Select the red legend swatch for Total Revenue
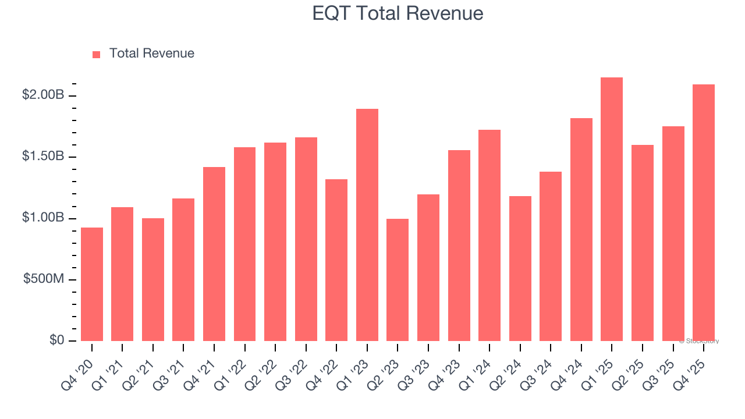tap(97, 54)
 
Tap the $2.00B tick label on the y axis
tap(42, 95)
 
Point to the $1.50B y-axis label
tap(42, 157)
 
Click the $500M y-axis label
tap(44, 279)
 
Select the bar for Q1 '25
tap(612, 210)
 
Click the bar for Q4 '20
tap(92, 284)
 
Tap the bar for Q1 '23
tap(367, 225)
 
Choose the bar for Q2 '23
tap(398, 280)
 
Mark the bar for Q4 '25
tap(704, 213)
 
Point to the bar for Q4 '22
tap(336, 260)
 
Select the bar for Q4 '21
tap(214, 254)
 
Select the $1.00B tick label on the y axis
tap(42, 218)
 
